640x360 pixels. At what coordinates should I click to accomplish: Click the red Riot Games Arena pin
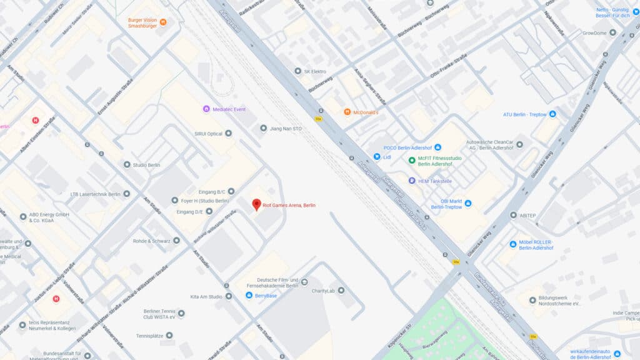pyautogui.click(x=256, y=204)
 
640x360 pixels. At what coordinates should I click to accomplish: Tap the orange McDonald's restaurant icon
pyautogui.click(x=347, y=112)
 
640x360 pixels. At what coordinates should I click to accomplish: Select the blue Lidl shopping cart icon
pyautogui.click(x=377, y=156)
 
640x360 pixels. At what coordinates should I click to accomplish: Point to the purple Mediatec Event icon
pyautogui.click(x=206, y=109)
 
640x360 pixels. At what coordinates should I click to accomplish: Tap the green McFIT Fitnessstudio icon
pyautogui.click(x=412, y=160)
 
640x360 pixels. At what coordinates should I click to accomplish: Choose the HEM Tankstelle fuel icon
pyautogui.click(x=412, y=181)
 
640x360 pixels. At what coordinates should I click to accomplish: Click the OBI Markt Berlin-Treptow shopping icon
pyautogui.click(x=468, y=203)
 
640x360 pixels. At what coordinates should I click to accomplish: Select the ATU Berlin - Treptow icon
pyautogui.click(x=552, y=114)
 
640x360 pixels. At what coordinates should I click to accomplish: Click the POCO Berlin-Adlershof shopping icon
pyautogui.click(x=437, y=147)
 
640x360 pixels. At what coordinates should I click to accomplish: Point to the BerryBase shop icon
pyautogui.click(x=249, y=295)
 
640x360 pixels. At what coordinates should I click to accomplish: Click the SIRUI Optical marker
pyautogui.click(x=228, y=133)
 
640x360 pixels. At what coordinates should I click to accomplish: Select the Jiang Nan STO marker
pyautogui.click(x=263, y=128)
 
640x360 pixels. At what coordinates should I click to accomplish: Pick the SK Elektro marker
pyautogui.click(x=298, y=71)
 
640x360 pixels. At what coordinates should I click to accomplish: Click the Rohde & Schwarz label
pyautogui.click(x=151, y=240)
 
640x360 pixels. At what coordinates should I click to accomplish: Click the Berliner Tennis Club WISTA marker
pyautogui.click(x=181, y=313)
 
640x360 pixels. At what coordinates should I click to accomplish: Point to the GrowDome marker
pyautogui.click(x=612, y=32)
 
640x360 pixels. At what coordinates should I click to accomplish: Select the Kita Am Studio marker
pyautogui.click(x=229, y=296)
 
